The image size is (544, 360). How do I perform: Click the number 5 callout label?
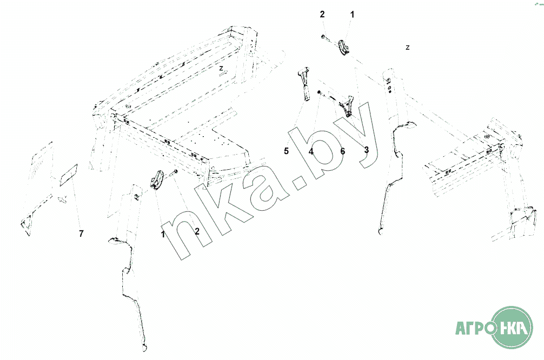click(x=287, y=151)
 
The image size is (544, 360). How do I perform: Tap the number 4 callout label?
click(x=311, y=152)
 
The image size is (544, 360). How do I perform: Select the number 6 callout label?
click(x=342, y=151)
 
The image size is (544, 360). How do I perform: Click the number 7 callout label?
click(x=81, y=234)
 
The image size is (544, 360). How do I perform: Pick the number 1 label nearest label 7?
click(x=162, y=234)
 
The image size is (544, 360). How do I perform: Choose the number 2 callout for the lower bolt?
click(x=197, y=231)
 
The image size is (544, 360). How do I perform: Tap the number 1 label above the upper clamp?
click(x=353, y=15)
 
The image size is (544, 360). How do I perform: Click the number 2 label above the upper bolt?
click(x=322, y=15)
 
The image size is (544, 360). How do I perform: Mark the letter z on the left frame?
click(x=221, y=69)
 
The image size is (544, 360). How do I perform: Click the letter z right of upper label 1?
click(x=408, y=48)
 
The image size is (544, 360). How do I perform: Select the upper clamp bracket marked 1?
click(x=343, y=48)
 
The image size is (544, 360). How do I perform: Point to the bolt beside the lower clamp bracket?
click(x=176, y=173)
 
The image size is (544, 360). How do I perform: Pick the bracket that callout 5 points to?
click(x=303, y=84)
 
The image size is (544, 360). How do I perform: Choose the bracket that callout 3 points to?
click(x=347, y=106)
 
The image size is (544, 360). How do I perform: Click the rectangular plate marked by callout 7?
click(x=68, y=174)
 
